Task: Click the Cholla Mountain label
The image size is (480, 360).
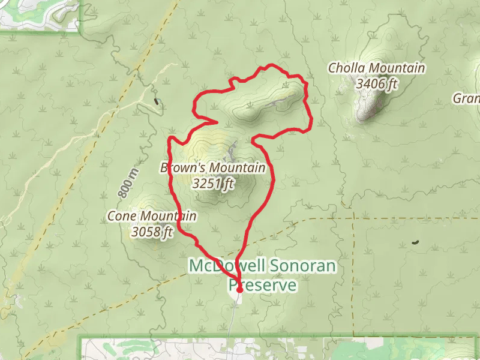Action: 376,68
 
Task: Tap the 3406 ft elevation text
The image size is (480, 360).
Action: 376,83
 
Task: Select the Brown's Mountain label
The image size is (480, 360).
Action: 212,168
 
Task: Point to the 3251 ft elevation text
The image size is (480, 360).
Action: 213,184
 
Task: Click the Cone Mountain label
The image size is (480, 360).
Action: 151,216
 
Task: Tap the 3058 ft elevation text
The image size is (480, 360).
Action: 152,232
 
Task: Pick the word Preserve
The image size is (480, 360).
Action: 262,285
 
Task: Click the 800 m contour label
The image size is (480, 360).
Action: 127,183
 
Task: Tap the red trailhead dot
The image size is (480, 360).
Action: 239,289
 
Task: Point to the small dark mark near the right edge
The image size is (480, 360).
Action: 415,242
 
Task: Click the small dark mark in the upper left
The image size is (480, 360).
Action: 158,101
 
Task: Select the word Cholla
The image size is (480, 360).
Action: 347,68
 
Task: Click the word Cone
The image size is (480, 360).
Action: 122,216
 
